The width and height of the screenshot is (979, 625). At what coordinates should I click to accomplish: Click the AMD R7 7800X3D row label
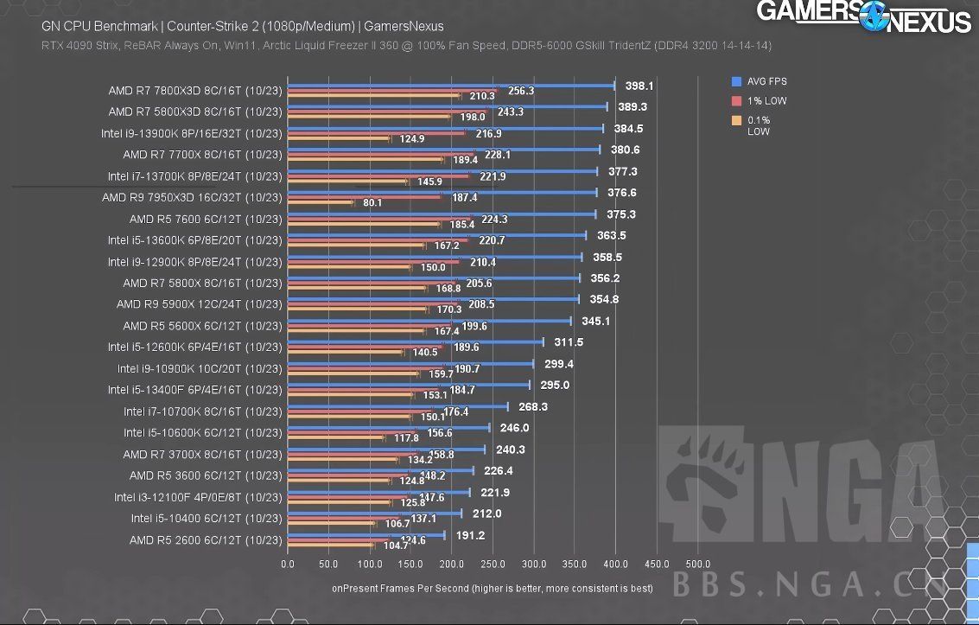195,90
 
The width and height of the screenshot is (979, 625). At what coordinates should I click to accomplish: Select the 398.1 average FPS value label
639,86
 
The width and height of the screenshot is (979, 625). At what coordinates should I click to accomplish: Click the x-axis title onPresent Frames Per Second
492,588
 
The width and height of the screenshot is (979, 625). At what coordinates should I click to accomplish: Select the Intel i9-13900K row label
191,133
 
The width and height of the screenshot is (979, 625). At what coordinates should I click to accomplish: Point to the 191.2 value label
470,535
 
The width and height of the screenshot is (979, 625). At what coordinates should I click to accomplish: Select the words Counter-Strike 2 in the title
215,26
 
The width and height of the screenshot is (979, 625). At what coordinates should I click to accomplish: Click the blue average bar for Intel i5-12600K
415,341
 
